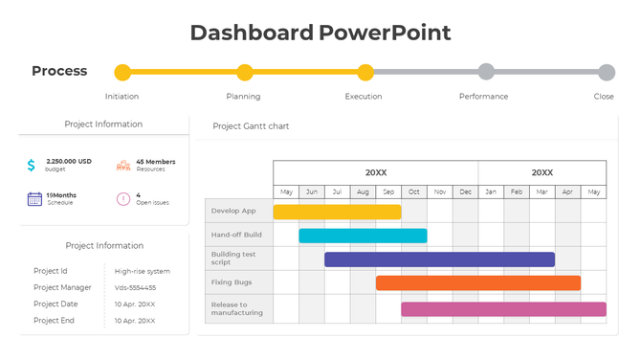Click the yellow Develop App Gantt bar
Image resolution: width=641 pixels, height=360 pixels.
click(337, 212)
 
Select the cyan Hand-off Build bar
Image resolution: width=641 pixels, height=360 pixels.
click(363, 236)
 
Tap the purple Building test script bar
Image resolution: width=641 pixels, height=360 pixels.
click(439, 259)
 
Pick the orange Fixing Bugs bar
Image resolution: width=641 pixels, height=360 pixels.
click(477, 283)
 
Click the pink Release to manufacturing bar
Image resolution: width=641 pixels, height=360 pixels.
click(503, 309)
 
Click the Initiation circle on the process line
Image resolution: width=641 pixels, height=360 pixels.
click(122, 73)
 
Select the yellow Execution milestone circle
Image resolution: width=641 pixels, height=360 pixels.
click(365, 73)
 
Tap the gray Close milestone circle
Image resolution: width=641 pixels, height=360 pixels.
click(607, 73)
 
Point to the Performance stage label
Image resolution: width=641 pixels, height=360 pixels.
click(483, 97)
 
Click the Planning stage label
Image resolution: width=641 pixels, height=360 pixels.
click(243, 97)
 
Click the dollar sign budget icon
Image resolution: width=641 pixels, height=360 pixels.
click(32, 166)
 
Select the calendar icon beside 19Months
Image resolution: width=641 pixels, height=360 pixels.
click(34, 198)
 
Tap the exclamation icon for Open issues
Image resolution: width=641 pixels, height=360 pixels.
click(122, 198)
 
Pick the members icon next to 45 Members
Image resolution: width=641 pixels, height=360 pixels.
click(122, 166)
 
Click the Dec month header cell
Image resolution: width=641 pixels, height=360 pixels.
click(465, 192)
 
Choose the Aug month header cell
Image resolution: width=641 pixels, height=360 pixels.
click(363, 192)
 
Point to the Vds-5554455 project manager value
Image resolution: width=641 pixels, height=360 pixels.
click(135, 287)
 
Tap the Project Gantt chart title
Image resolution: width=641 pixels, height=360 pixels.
click(251, 126)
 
